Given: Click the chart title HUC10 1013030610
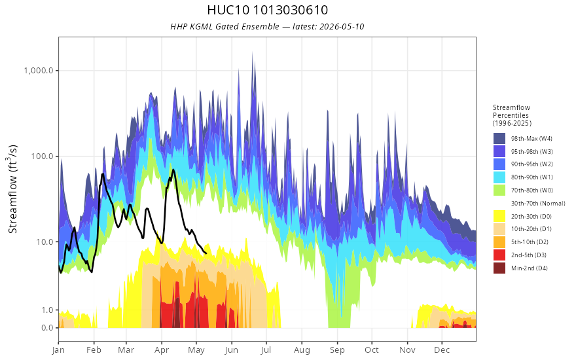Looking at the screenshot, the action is pos(268,10).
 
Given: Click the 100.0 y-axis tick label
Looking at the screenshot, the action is pos(43,156).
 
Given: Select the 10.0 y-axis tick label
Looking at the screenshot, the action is pos(44,242).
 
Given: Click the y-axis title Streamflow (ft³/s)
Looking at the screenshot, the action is pos(12,189).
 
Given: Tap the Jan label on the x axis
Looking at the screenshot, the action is pos(58,350).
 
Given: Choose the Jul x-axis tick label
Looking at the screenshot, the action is pos(266,350).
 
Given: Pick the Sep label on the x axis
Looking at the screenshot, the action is pos(337,350).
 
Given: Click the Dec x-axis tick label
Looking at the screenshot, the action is pos(442,350).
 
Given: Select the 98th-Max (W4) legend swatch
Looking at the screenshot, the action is pos(499,139).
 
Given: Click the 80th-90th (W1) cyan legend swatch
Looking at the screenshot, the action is pos(499,177).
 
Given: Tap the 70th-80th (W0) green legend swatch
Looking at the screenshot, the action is pos(499,190).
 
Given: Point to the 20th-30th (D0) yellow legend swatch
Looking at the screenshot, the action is pos(499,216).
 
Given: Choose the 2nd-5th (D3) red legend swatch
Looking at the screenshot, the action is pos(499,255).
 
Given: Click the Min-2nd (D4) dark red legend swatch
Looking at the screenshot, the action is pos(499,268).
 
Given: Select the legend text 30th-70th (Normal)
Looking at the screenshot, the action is pos(538,203).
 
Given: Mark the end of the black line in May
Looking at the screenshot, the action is pos(206,253).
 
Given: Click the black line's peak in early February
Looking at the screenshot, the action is pos(103,173).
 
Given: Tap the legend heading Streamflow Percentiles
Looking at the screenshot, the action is pos(512,111).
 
